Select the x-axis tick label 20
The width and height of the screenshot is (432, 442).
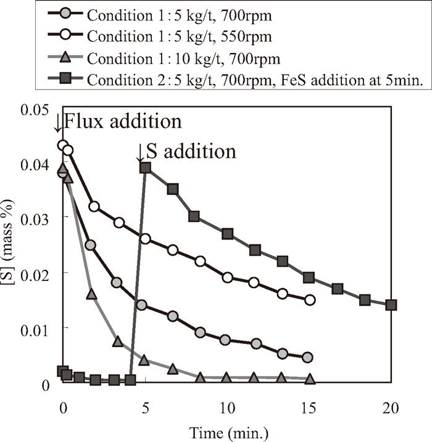click(x=391, y=409)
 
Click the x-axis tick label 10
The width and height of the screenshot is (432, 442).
click(x=228, y=409)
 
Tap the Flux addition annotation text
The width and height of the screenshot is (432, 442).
click(x=123, y=121)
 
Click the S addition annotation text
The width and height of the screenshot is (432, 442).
click(x=191, y=151)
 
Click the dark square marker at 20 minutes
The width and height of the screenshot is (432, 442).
click(x=391, y=305)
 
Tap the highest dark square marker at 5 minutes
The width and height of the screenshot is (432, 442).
click(x=145, y=167)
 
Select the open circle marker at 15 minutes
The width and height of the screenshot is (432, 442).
click(x=310, y=300)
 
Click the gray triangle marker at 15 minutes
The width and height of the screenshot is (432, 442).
click(x=310, y=378)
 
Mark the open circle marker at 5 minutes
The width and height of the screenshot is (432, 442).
click(x=146, y=239)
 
